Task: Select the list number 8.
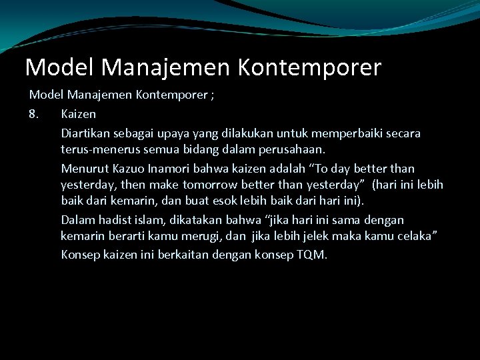pos(35,114)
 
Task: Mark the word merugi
pos(210,237)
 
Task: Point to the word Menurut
pos(84,169)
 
